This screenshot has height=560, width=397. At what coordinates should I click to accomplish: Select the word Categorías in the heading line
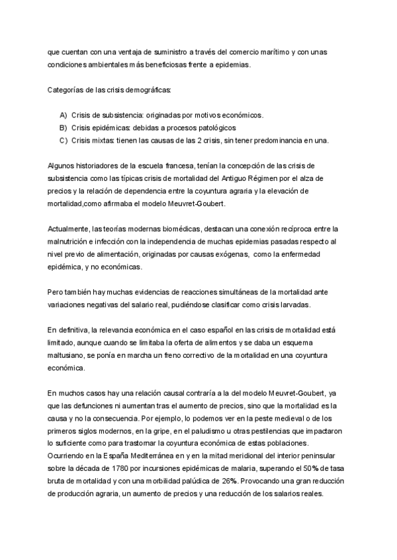(x=66, y=89)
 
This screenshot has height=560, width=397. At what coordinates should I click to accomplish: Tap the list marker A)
(x=64, y=114)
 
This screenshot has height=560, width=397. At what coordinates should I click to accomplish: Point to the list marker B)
(x=64, y=127)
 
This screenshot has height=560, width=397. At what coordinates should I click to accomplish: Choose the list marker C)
(x=64, y=140)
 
